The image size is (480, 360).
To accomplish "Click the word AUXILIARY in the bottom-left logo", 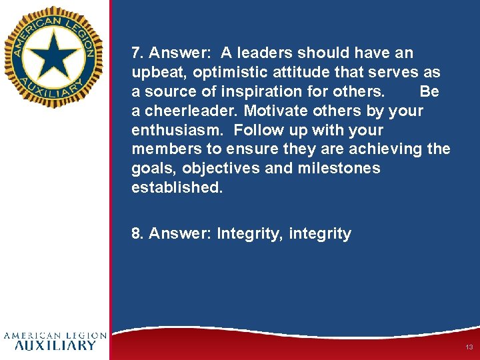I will coord(55,345).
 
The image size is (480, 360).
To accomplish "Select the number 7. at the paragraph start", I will coord(137,53).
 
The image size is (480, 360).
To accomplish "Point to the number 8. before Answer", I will coord(137,233).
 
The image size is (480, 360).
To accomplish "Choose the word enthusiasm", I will coord(173,130).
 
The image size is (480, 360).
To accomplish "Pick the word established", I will coord(177,187).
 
